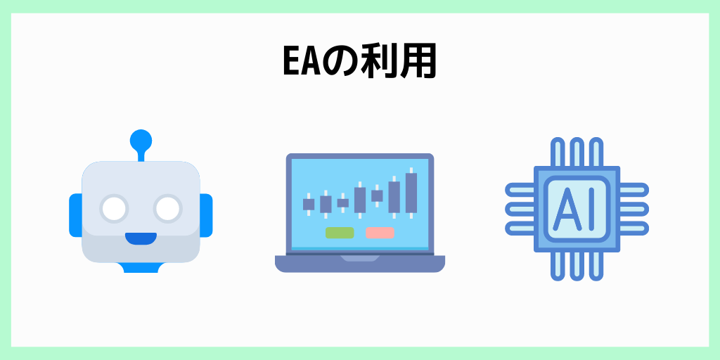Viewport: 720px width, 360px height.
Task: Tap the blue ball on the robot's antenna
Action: tap(141, 139)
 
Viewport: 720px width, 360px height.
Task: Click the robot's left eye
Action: tap(114, 208)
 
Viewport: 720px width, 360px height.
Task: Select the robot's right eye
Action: tap(168, 208)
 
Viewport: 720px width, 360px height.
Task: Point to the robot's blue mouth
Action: tap(141, 238)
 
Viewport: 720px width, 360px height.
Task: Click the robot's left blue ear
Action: tap(75, 215)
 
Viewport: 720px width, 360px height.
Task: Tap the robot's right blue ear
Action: tap(206, 215)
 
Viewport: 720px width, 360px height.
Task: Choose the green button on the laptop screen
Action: tap(340, 233)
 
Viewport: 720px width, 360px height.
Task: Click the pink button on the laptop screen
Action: tap(380, 233)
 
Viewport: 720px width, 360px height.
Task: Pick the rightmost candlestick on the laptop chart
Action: tap(411, 191)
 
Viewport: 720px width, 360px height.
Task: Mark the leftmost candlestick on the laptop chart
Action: tap(309, 204)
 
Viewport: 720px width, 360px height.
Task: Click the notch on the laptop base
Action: tap(360, 259)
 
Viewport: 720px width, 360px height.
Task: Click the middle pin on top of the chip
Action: tap(577, 152)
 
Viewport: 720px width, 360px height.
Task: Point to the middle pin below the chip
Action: tap(577, 266)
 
